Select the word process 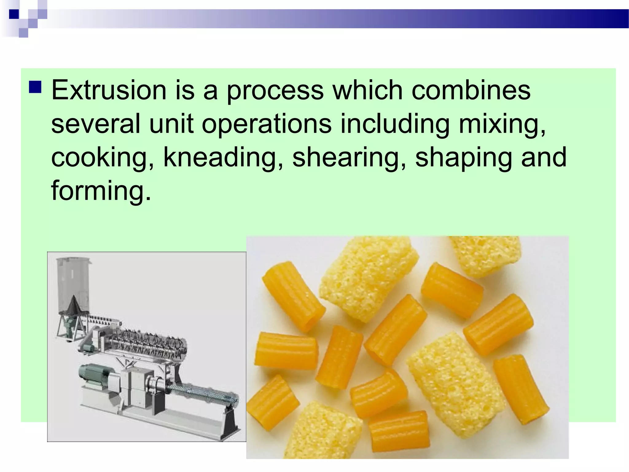tap(275, 91)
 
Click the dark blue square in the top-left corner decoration tap(14, 14)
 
